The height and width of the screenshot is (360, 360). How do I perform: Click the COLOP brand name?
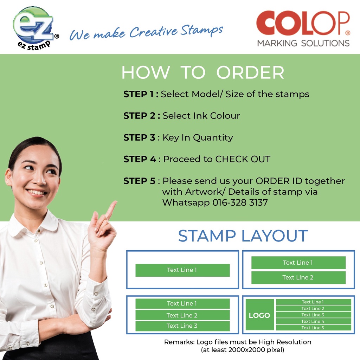pyautogui.click(x=303, y=23)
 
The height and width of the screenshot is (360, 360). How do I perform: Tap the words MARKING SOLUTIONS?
pyautogui.click(x=303, y=43)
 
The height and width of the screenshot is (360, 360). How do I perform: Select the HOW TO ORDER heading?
pyautogui.click(x=203, y=72)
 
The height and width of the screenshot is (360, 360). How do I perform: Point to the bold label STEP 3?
pyautogui.click(x=139, y=137)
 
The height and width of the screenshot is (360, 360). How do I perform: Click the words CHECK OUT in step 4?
pyautogui.click(x=243, y=159)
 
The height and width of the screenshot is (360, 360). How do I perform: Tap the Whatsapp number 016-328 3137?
pyautogui.click(x=240, y=202)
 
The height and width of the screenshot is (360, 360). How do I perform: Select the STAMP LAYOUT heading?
pyautogui.click(x=243, y=236)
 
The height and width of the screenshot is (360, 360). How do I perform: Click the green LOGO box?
pyautogui.click(x=260, y=315)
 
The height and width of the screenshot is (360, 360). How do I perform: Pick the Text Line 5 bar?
pyautogui.click(x=313, y=328)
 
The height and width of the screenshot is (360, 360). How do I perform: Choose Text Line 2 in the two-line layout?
pyautogui.click(x=298, y=278)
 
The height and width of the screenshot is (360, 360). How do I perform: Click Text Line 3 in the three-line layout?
pyautogui.click(x=182, y=326)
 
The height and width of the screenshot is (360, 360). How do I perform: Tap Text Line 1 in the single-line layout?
pyautogui.click(x=182, y=270)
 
